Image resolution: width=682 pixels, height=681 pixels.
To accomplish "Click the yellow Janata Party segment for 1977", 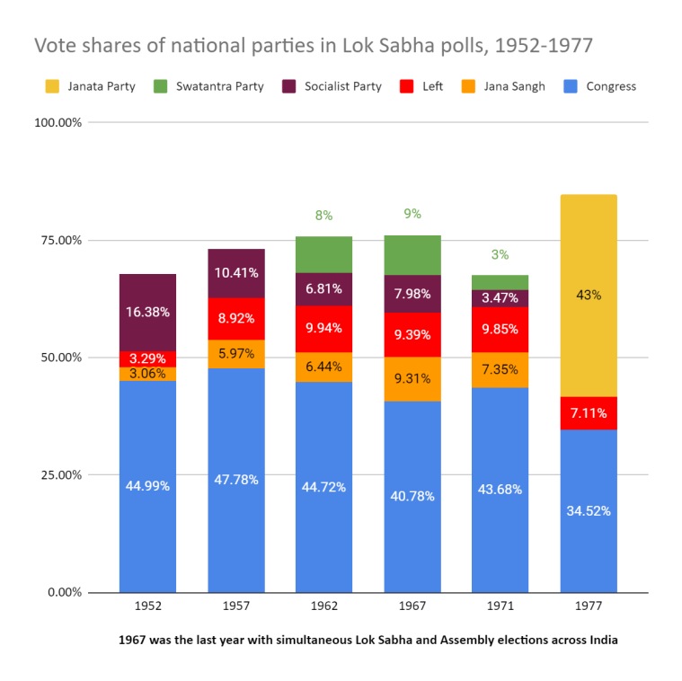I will click(x=589, y=295).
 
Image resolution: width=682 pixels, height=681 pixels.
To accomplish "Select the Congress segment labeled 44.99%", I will click(x=147, y=486).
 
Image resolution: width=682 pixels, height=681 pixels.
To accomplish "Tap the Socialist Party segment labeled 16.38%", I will click(x=147, y=312).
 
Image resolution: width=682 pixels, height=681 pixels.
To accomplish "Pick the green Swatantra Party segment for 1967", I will click(x=412, y=255).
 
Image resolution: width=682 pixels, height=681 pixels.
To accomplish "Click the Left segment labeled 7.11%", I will click(x=589, y=413).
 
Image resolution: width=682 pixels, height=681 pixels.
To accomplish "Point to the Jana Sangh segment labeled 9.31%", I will click(x=412, y=379).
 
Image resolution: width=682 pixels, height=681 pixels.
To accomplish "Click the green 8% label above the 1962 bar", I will click(x=323, y=216).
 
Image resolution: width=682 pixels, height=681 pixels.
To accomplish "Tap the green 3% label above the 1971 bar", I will click(x=500, y=255).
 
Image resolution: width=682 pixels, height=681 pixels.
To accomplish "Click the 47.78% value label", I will click(x=235, y=480).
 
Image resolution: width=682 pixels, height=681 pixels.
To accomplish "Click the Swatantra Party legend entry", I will click(x=215, y=86).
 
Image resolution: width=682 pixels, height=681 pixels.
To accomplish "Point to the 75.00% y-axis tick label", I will click(x=58, y=240).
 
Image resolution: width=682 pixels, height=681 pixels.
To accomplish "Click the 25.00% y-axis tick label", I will click(x=58, y=474).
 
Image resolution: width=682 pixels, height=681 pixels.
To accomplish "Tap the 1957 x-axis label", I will click(x=235, y=607).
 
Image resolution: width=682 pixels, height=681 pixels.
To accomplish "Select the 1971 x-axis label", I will click(x=500, y=607).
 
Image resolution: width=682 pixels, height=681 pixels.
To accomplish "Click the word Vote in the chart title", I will click(x=53, y=44).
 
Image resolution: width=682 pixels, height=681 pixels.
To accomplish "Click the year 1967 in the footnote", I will click(x=134, y=641).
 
